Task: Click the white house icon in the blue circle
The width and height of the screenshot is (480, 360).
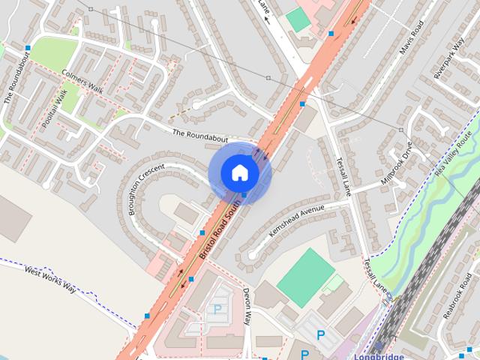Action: (240, 173)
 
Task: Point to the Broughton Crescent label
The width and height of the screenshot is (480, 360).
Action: (145, 188)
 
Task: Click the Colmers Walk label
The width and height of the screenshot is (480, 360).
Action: (82, 82)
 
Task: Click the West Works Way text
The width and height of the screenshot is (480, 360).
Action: (49, 280)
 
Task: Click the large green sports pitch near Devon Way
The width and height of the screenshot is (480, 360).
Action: (305, 277)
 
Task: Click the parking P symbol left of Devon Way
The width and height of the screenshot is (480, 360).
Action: (218, 308)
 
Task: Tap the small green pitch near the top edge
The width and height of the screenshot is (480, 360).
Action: (298, 19)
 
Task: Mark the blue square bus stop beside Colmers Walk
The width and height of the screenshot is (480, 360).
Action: (28, 47)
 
